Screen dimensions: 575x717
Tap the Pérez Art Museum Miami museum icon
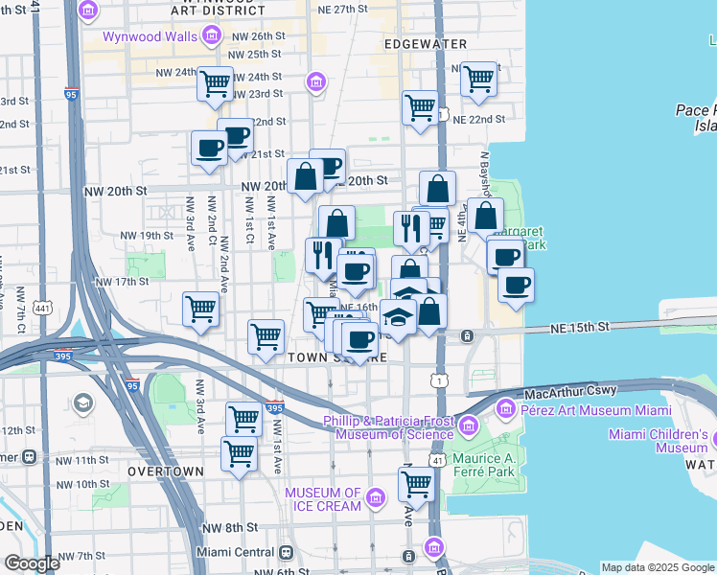point(505,410)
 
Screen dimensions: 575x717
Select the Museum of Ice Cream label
point(324,499)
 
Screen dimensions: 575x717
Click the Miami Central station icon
point(286,553)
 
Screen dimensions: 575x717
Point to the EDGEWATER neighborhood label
point(425,44)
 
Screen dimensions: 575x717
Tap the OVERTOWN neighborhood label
point(164,471)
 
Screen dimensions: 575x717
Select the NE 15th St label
point(580,328)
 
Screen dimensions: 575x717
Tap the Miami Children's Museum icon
point(715,440)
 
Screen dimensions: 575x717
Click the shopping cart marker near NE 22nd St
point(420,108)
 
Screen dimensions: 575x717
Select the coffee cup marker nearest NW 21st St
point(209,149)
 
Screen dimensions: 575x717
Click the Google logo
point(33,563)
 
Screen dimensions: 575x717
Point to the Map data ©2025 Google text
point(658,567)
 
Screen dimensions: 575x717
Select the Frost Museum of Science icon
point(469,425)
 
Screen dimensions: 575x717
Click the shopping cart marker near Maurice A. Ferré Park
point(416,485)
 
